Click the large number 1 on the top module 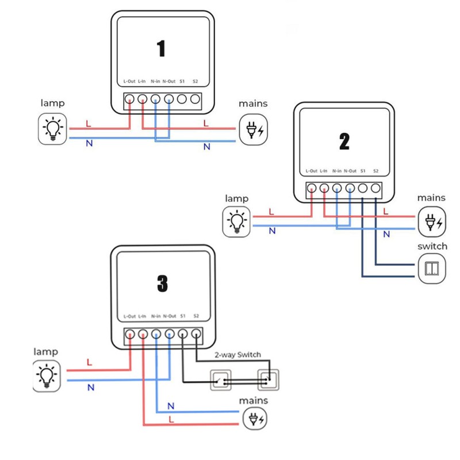161,48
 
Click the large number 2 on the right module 344,141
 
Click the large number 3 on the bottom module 162,282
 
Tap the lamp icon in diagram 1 53,129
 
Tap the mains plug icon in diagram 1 254,129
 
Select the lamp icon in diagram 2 236,221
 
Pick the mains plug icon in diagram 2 432,221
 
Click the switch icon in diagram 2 432,269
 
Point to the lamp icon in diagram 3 47,375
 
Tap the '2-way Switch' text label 237,355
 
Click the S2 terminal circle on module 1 195,99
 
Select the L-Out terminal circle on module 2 311,188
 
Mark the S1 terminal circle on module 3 183,333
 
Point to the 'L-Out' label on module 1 129,82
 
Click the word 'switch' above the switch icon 432,246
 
